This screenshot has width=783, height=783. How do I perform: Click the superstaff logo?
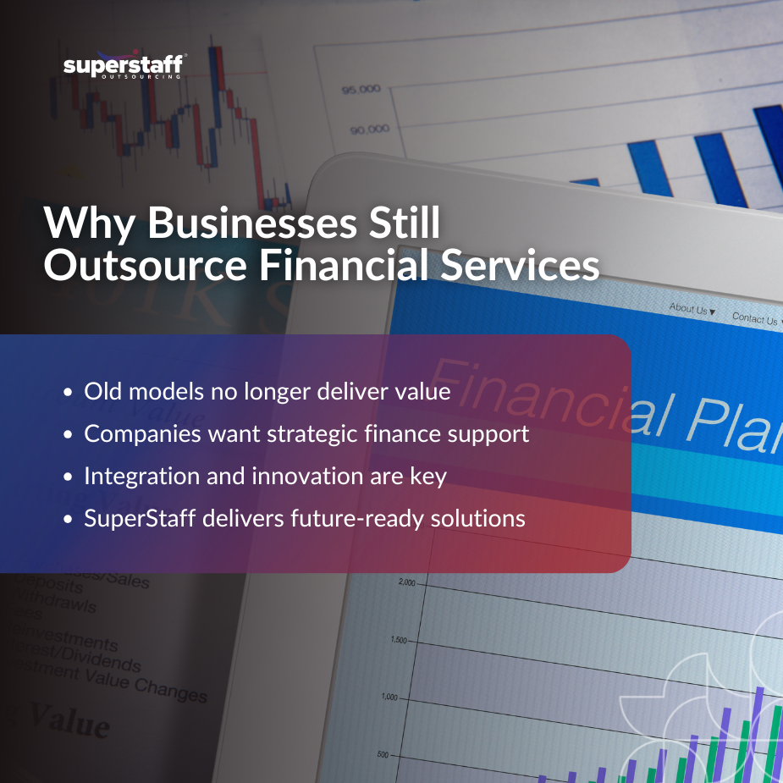[x=124, y=65]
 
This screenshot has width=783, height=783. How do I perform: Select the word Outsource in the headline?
[x=145, y=264]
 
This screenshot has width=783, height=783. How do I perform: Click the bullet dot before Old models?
[x=69, y=393]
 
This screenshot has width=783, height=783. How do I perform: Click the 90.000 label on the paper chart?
[x=370, y=130]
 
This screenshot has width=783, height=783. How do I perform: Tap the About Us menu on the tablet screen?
[x=692, y=310]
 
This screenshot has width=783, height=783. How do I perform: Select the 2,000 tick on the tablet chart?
[x=405, y=583]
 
